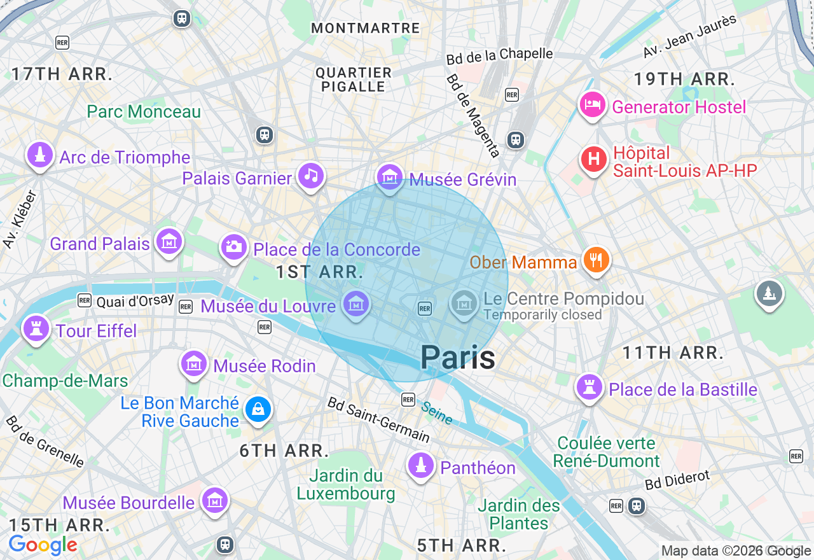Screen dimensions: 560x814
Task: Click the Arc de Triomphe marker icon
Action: click(x=39, y=155)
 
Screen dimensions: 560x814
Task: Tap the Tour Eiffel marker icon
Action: click(x=36, y=329)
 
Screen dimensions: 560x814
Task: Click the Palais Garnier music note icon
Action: click(x=310, y=176)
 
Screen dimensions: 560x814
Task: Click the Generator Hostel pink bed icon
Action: click(x=592, y=105)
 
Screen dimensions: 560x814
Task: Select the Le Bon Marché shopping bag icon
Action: click(x=258, y=409)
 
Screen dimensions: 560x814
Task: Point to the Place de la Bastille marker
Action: click(x=589, y=388)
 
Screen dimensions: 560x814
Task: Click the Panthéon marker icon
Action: click(x=420, y=466)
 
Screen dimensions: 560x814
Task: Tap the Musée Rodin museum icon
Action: click(x=194, y=364)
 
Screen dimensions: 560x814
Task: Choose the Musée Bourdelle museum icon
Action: click(x=214, y=500)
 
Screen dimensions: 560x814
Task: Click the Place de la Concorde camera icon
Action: click(x=233, y=247)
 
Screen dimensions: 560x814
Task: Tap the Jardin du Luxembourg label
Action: click(x=346, y=484)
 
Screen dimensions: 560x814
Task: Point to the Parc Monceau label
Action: click(x=144, y=111)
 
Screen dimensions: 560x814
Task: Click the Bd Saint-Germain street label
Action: click(x=378, y=419)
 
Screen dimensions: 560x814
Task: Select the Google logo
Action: click(x=43, y=545)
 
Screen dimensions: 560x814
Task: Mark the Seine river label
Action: click(x=437, y=413)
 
